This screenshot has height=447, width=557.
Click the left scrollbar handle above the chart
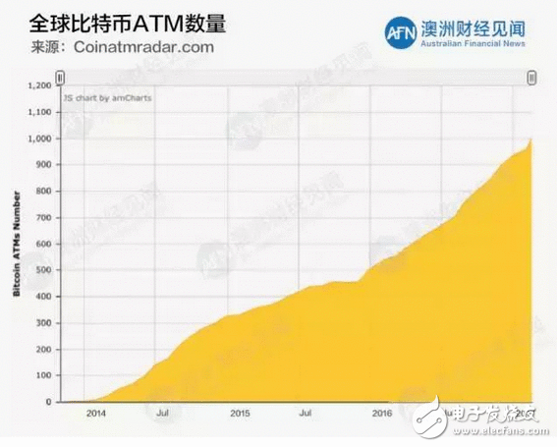[x=60, y=78]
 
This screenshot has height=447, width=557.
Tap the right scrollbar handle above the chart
[x=532, y=78]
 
